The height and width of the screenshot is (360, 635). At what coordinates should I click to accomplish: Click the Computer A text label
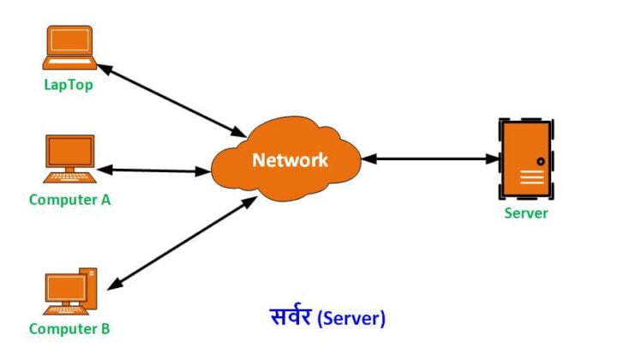tap(70, 200)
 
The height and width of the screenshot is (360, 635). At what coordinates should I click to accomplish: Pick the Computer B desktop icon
tap(70, 292)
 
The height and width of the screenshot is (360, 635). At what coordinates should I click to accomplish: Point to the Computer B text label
tap(69, 329)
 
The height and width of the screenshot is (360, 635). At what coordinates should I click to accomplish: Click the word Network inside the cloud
tap(290, 160)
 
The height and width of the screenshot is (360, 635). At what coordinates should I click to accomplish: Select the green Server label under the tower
tap(525, 213)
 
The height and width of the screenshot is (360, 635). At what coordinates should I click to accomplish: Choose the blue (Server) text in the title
tap(351, 318)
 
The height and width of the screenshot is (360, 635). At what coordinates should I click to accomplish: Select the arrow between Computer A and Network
tap(159, 170)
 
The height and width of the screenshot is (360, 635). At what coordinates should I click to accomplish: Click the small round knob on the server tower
tap(541, 160)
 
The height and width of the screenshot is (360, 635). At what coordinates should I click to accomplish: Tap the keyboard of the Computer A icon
tap(70, 178)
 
